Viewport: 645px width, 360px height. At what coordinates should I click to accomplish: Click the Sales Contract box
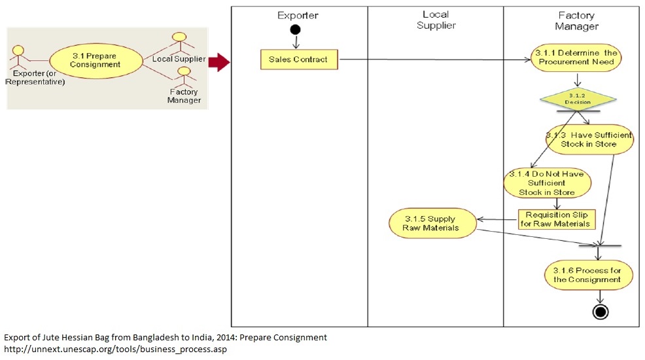point(299,60)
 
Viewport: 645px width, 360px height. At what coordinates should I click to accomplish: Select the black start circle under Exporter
point(296,30)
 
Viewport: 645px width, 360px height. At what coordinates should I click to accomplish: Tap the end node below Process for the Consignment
point(600,312)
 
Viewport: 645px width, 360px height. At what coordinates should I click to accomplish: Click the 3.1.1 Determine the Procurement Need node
point(576,58)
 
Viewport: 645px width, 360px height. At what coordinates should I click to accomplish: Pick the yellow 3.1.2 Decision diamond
point(578,99)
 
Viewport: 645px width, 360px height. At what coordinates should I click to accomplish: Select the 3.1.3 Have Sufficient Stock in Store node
point(589,139)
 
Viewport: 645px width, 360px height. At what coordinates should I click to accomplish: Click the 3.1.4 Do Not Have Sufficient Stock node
point(547,184)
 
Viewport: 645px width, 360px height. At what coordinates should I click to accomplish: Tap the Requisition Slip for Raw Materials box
point(557,219)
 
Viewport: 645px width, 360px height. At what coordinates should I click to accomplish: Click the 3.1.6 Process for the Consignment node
point(587,276)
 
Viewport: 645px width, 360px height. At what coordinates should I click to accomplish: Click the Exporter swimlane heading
point(298,15)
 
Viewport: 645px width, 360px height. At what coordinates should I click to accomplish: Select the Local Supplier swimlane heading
point(435,20)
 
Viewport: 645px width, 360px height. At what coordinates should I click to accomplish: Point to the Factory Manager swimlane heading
point(576,20)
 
